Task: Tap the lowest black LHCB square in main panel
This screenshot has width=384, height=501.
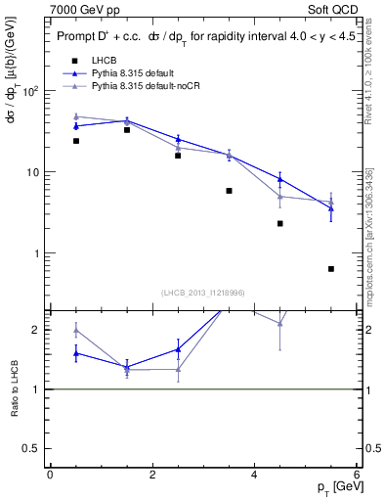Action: click(x=331, y=268)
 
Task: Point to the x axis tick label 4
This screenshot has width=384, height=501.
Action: click(x=254, y=476)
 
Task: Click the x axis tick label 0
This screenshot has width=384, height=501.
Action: click(x=50, y=476)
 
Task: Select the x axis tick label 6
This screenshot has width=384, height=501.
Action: click(x=357, y=476)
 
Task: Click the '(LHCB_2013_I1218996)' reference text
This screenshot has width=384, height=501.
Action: click(x=204, y=293)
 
